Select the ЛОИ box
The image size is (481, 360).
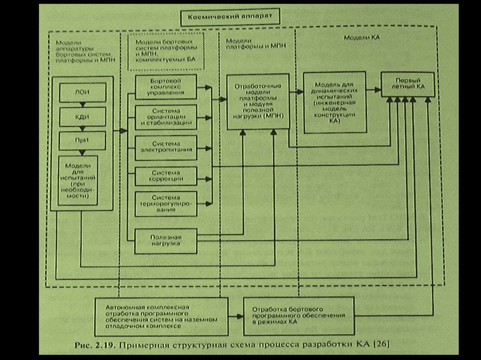(x=82, y=92)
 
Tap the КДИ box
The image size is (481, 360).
(x=82, y=116)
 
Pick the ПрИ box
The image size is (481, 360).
(x=82, y=140)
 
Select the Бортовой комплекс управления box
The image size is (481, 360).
(x=165, y=87)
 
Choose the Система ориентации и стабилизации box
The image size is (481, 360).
(x=165, y=117)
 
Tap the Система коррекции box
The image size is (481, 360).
(x=165, y=176)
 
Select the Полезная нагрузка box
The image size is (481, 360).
(x=165, y=240)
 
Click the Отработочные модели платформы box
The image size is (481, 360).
(x=257, y=101)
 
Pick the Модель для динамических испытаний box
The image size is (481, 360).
(x=334, y=102)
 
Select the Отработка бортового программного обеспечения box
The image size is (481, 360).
(x=299, y=315)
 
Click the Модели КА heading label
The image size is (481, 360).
(x=355, y=37)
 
